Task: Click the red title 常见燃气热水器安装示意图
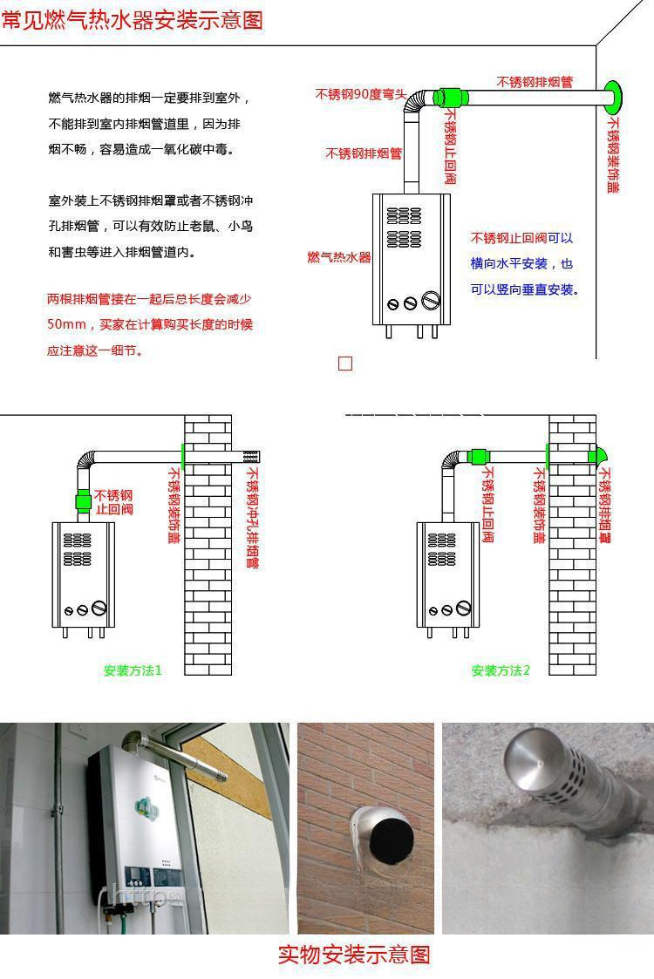pyautogui.click(x=132, y=19)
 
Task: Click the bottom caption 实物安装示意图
pyautogui.click(x=354, y=955)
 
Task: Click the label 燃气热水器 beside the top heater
pyautogui.click(x=339, y=257)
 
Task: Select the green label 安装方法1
pyautogui.click(x=133, y=670)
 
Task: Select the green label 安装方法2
pyautogui.click(x=501, y=670)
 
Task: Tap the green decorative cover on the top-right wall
pyautogui.click(x=614, y=95)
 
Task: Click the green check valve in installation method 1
pyautogui.click(x=84, y=501)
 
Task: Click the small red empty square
pyautogui.click(x=345, y=364)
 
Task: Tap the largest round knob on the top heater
pyautogui.click(x=431, y=302)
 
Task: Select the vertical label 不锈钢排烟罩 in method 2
pyautogui.click(x=604, y=506)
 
